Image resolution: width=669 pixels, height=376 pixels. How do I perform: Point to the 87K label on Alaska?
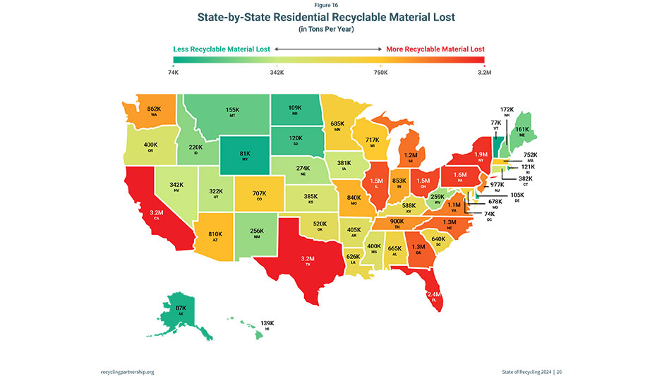coord(180,308)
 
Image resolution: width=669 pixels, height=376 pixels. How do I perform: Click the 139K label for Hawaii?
coord(267,322)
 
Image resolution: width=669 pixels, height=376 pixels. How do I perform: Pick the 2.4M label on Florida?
coord(434,293)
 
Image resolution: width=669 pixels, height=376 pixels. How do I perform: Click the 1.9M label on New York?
coord(481,154)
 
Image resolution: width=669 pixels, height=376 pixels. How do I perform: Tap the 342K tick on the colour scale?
coord(277,73)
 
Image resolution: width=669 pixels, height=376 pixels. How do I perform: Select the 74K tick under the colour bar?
coord(174,73)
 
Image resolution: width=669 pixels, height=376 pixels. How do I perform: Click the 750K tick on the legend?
coord(380,73)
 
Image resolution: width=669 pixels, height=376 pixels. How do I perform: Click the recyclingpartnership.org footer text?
coord(127,371)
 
